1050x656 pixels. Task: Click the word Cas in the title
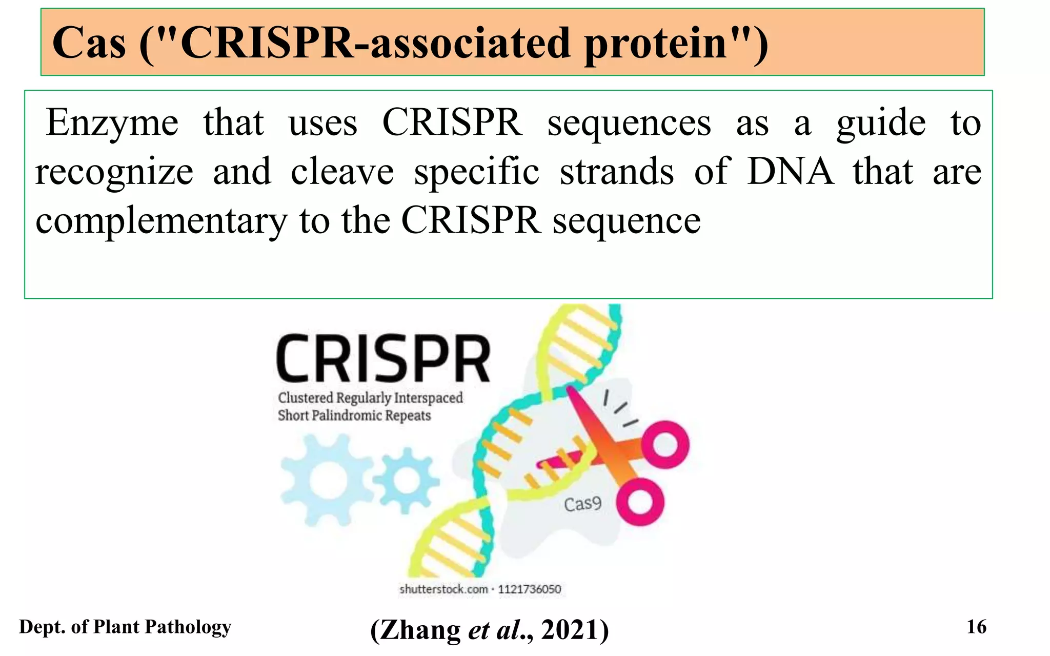click(x=89, y=43)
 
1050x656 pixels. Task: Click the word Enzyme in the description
click(x=112, y=124)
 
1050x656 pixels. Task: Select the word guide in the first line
click(x=881, y=124)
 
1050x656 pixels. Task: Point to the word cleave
click(x=342, y=172)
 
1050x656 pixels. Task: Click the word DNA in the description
click(x=790, y=172)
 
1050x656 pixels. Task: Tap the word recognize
click(x=114, y=173)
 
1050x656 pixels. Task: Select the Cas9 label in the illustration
click(x=582, y=504)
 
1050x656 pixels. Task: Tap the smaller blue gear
click(x=406, y=480)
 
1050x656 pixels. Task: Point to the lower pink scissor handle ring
click(x=640, y=502)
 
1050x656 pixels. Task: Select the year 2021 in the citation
click(x=569, y=629)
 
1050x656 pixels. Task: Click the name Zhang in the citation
click(x=420, y=629)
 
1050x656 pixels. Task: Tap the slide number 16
click(x=976, y=627)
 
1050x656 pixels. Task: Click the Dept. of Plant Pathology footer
click(x=125, y=627)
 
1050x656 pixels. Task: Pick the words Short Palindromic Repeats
click(x=354, y=415)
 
